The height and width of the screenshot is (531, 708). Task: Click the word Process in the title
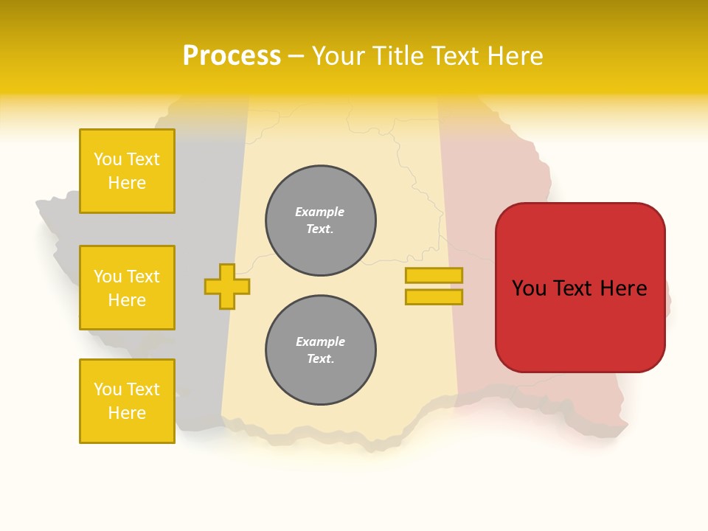pyautogui.click(x=232, y=56)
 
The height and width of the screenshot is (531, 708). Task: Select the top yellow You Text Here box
pyautogui.click(x=127, y=171)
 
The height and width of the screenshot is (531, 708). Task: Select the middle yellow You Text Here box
pyautogui.click(x=127, y=288)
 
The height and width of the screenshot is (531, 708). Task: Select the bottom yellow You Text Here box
pyautogui.click(x=127, y=401)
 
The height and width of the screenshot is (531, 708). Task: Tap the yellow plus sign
pyautogui.click(x=227, y=286)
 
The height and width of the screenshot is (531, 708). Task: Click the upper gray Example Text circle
pyautogui.click(x=321, y=221)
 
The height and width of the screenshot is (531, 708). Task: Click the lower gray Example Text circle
pyautogui.click(x=321, y=350)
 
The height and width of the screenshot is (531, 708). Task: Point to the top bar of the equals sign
pyautogui.click(x=434, y=275)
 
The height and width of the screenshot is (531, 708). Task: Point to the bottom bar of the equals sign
pyautogui.click(x=434, y=297)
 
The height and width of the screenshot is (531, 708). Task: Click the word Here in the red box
pyautogui.click(x=623, y=288)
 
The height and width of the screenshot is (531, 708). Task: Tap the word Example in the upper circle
pyautogui.click(x=320, y=212)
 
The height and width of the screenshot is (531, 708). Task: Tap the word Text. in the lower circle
pyautogui.click(x=320, y=359)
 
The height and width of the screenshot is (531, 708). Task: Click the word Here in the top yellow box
pyautogui.click(x=127, y=183)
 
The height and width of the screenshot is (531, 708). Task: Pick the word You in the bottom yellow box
pyautogui.click(x=108, y=389)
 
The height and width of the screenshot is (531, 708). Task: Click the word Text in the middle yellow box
pyautogui.click(x=143, y=277)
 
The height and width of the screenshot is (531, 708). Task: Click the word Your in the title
pyautogui.click(x=339, y=56)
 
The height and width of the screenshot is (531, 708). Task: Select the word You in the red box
pyautogui.click(x=530, y=288)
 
